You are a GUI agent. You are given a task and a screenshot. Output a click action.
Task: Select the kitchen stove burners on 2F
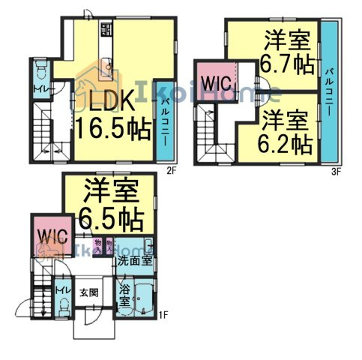[105, 31]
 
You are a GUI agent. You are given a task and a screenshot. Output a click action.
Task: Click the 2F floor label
[171, 169]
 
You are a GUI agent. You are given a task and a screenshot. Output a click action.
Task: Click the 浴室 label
[124, 295]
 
